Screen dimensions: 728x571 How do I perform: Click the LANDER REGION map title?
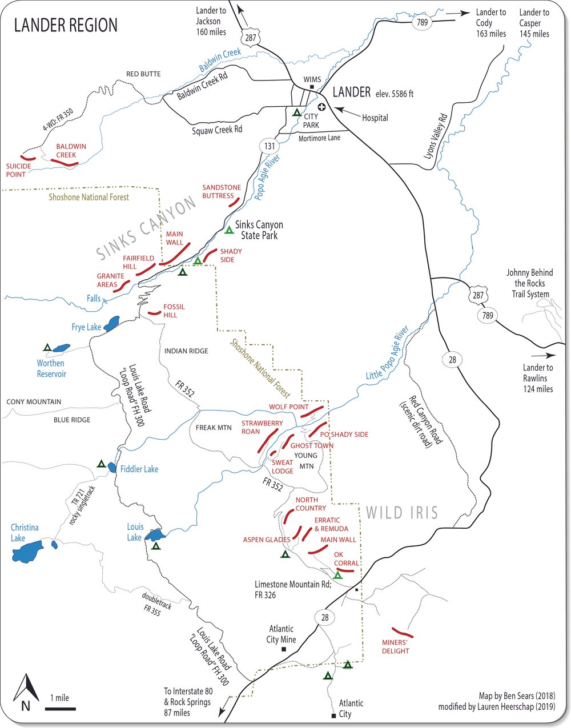pos(66,26)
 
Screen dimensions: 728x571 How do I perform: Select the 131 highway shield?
pos(270,146)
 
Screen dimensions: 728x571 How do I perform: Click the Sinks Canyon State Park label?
pos(259,230)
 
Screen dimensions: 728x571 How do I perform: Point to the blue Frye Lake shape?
pos(111,323)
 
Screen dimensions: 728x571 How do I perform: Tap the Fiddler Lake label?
pos(139,469)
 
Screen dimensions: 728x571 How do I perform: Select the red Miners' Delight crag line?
pos(404,633)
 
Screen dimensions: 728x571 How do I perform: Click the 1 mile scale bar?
pos(60,709)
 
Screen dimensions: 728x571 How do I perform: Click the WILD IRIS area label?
pos(402,512)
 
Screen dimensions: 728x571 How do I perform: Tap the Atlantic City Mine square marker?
pos(284,649)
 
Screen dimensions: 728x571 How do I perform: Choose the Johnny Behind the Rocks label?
pos(529,283)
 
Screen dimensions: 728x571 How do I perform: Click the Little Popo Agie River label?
pos(388,353)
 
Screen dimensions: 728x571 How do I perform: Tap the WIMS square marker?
pos(312,87)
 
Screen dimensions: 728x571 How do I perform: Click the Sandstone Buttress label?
pos(221,191)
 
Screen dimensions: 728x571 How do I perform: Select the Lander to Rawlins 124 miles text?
pos(537,378)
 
